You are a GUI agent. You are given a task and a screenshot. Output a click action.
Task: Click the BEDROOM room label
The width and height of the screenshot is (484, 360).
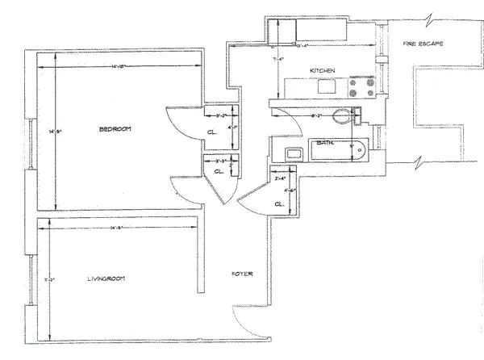pyautogui.click(x=115, y=129)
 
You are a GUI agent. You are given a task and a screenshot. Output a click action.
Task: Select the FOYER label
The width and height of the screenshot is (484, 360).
pyautogui.click(x=242, y=274)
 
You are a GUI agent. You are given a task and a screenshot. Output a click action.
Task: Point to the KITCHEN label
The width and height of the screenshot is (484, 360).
pyautogui.click(x=323, y=72)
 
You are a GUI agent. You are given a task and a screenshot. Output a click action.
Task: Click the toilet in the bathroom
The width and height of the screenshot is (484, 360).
pyautogui.click(x=349, y=115)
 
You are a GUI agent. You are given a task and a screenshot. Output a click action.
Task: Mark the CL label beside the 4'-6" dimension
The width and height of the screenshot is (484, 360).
pyautogui.click(x=279, y=204)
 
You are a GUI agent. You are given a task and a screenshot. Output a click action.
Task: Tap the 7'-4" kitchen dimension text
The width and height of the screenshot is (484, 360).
pyautogui.click(x=280, y=59)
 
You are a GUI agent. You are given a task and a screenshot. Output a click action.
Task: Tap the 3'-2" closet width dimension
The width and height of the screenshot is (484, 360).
pyautogui.click(x=217, y=115)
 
